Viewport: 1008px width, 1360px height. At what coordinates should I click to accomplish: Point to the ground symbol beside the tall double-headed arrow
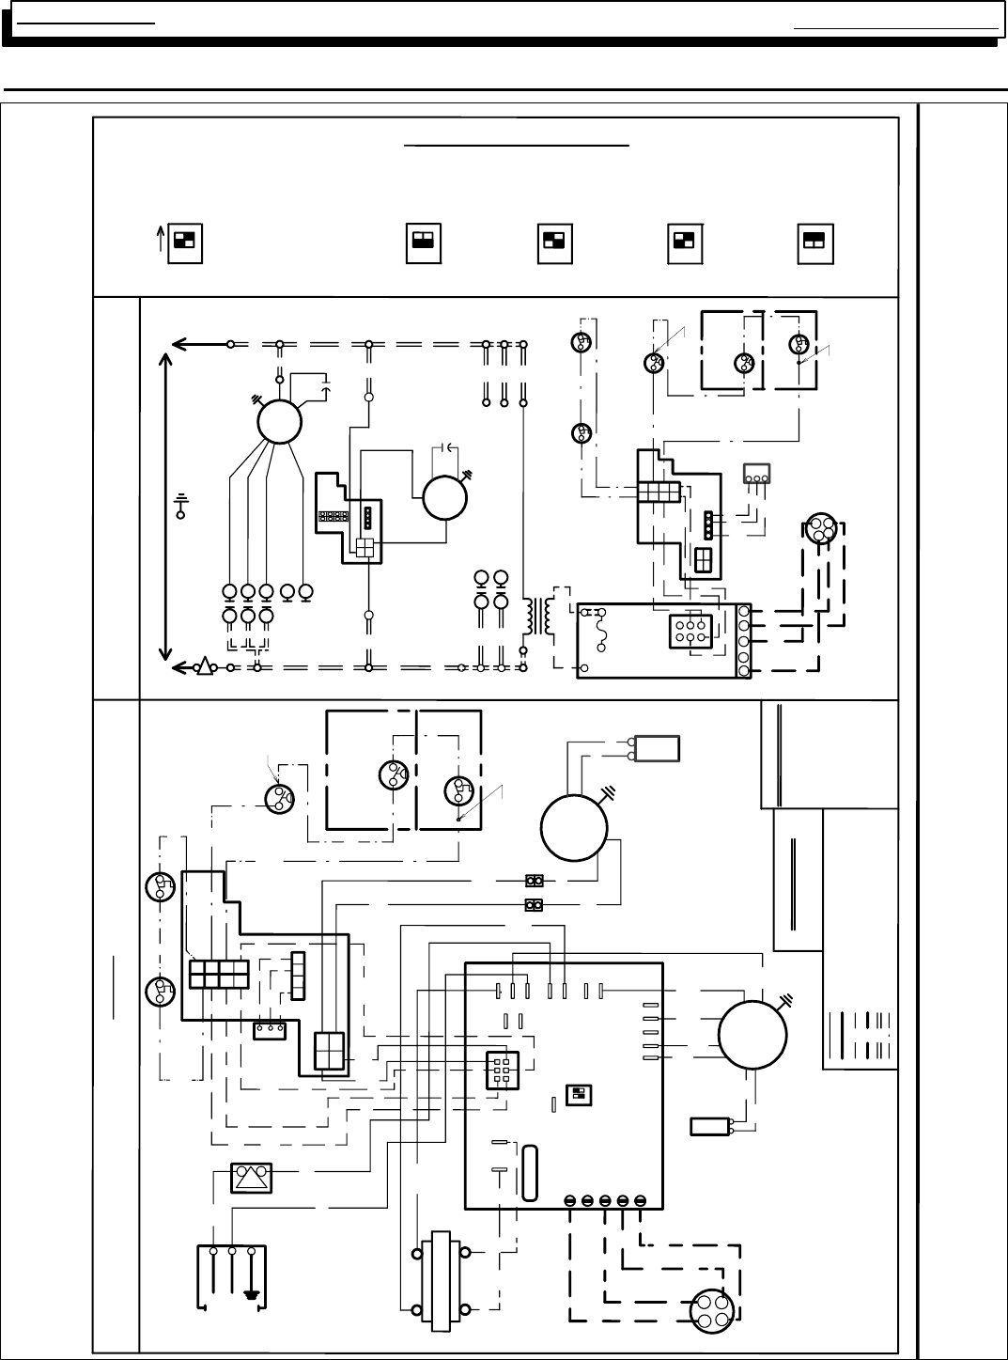(x=181, y=508)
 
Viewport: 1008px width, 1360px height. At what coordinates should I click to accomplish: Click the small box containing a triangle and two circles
(x=252, y=1179)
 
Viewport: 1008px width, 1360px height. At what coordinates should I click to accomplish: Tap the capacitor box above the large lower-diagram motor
(x=657, y=748)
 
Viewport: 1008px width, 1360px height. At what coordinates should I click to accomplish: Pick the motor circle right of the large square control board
(x=752, y=1034)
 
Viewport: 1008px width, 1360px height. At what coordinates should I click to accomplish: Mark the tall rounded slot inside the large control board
(x=530, y=1172)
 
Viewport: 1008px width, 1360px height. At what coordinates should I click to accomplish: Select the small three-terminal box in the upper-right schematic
(x=756, y=476)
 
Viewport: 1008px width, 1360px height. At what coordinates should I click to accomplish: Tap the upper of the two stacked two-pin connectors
(x=535, y=881)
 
